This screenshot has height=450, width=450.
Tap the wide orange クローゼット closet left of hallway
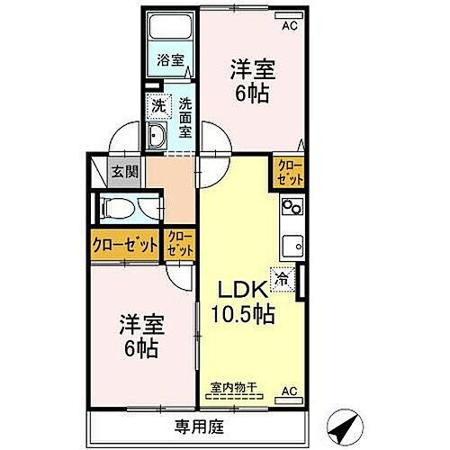(123, 244)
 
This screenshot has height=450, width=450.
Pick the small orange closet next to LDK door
(177, 243)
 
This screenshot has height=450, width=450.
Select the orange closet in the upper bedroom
(290, 170)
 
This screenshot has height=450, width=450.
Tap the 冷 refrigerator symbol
(282, 281)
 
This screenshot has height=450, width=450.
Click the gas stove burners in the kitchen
(292, 208)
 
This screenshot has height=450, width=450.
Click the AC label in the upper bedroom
(289, 25)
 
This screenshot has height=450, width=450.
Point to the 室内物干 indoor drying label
(233, 388)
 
